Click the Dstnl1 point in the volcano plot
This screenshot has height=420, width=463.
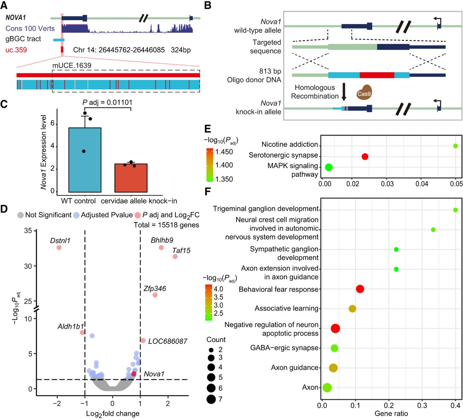pos(59,248)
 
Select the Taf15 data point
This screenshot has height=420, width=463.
pos(175,257)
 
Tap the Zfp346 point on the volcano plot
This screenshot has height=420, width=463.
pos(155,295)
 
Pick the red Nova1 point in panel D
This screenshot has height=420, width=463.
pos(134,374)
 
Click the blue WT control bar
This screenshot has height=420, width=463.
pos(85,160)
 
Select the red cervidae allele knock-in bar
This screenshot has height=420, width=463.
pos(131,178)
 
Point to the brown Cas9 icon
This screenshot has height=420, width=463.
pos(364,93)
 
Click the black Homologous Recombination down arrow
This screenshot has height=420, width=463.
pos(344,92)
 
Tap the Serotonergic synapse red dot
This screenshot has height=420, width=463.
pos(365,157)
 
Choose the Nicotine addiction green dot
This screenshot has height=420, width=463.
pos(455,146)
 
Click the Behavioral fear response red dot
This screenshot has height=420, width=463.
pos(360,289)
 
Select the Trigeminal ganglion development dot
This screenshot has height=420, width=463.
pos(455,210)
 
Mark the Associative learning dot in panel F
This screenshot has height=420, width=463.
pos(352,309)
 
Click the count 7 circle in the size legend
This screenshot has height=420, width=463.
pos(211,399)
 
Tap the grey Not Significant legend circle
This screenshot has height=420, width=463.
pos(21,215)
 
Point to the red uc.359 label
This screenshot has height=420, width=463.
pos(16,50)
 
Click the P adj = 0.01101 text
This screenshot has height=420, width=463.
pos(107,103)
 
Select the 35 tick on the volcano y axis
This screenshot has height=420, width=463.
pos(28,231)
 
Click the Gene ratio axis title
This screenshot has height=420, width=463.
pos(391,413)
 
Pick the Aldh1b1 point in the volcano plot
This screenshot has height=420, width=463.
pos(82,332)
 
